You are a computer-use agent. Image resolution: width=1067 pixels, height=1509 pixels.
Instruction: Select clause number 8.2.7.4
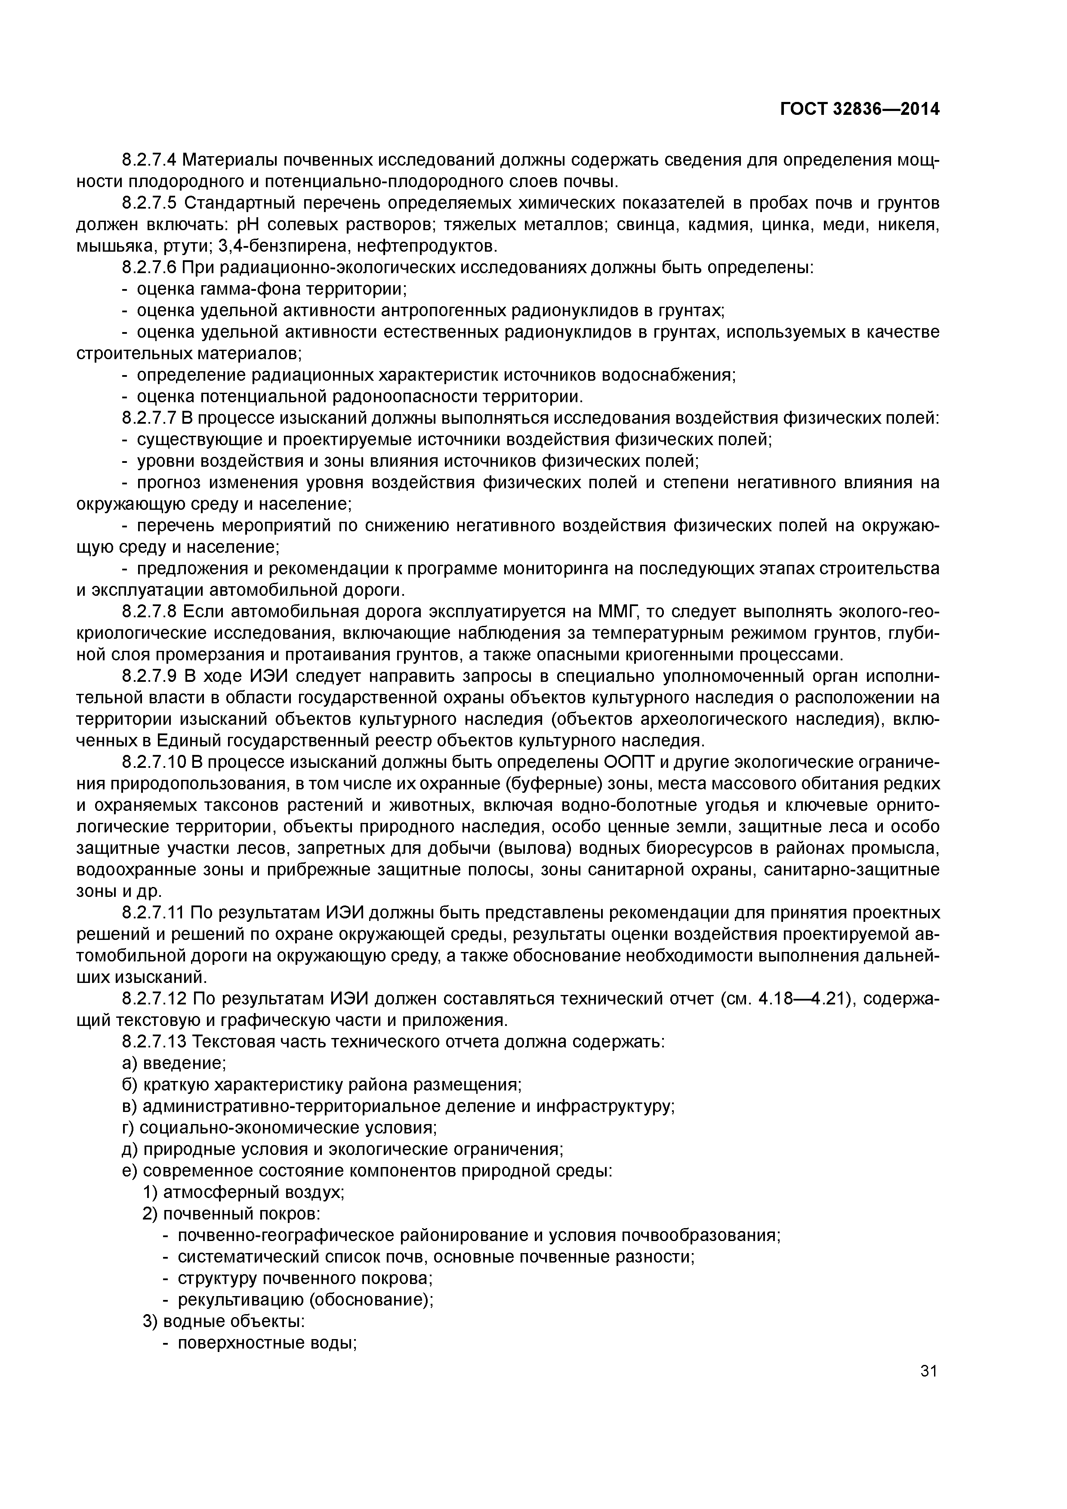point(149,160)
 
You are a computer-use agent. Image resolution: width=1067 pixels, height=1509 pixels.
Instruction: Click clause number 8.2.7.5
point(149,203)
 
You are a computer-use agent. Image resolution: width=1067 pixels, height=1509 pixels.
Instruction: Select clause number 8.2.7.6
point(149,268)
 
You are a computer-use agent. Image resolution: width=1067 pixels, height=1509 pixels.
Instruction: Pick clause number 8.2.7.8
point(149,612)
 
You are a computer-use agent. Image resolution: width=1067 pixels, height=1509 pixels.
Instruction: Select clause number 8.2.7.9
point(149,676)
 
